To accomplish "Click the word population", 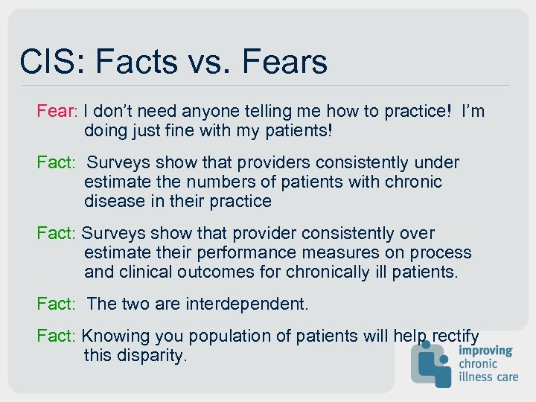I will point(217,336).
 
